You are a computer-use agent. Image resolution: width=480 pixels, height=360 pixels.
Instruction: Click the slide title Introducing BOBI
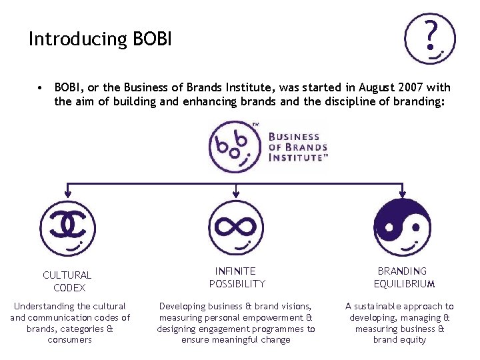click(x=100, y=39)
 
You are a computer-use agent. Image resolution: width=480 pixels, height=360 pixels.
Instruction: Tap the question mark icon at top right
click(x=430, y=39)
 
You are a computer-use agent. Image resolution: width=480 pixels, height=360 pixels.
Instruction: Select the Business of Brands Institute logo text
click(x=298, y=147)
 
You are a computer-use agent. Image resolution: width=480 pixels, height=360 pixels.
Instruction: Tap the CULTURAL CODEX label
click(x=67, y=281)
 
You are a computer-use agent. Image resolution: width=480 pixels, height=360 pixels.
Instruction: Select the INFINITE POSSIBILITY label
click(x=236, y=277)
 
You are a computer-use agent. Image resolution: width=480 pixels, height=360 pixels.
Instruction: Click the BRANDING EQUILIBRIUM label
click(x=402, y=277)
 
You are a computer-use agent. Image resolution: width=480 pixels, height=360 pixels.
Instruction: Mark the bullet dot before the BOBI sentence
click(x=41, y=87)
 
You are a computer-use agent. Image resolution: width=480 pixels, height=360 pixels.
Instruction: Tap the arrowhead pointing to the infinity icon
click(x=235, y=195)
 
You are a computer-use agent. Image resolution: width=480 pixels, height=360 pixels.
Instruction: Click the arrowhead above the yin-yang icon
click(x=401, y=195)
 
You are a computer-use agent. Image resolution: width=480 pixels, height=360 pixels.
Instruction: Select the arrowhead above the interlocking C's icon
click(x=67, y=195)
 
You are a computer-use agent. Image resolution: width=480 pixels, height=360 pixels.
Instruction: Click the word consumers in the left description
click(x=70, y=340)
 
